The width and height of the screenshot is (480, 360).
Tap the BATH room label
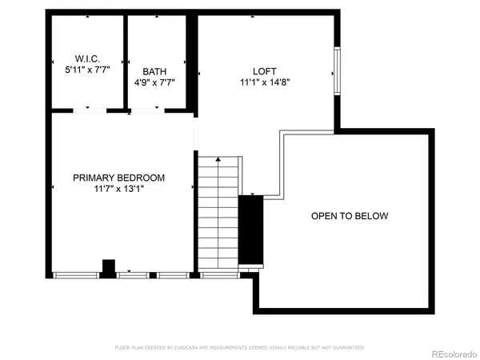154,71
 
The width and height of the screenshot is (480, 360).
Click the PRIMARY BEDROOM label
118,178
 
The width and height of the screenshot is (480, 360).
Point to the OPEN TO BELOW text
350,216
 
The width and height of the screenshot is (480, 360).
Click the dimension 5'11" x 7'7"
87,70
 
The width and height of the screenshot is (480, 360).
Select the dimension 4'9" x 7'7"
154,82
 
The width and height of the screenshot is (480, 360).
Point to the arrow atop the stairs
218,159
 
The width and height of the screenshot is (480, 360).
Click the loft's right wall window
337,74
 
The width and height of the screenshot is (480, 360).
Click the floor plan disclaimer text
240,348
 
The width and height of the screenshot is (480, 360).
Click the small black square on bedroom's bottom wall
108,267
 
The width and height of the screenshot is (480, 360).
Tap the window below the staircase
218,275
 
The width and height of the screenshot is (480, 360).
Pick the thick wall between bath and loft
192,60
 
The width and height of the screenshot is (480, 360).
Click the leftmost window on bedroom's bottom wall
77,275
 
